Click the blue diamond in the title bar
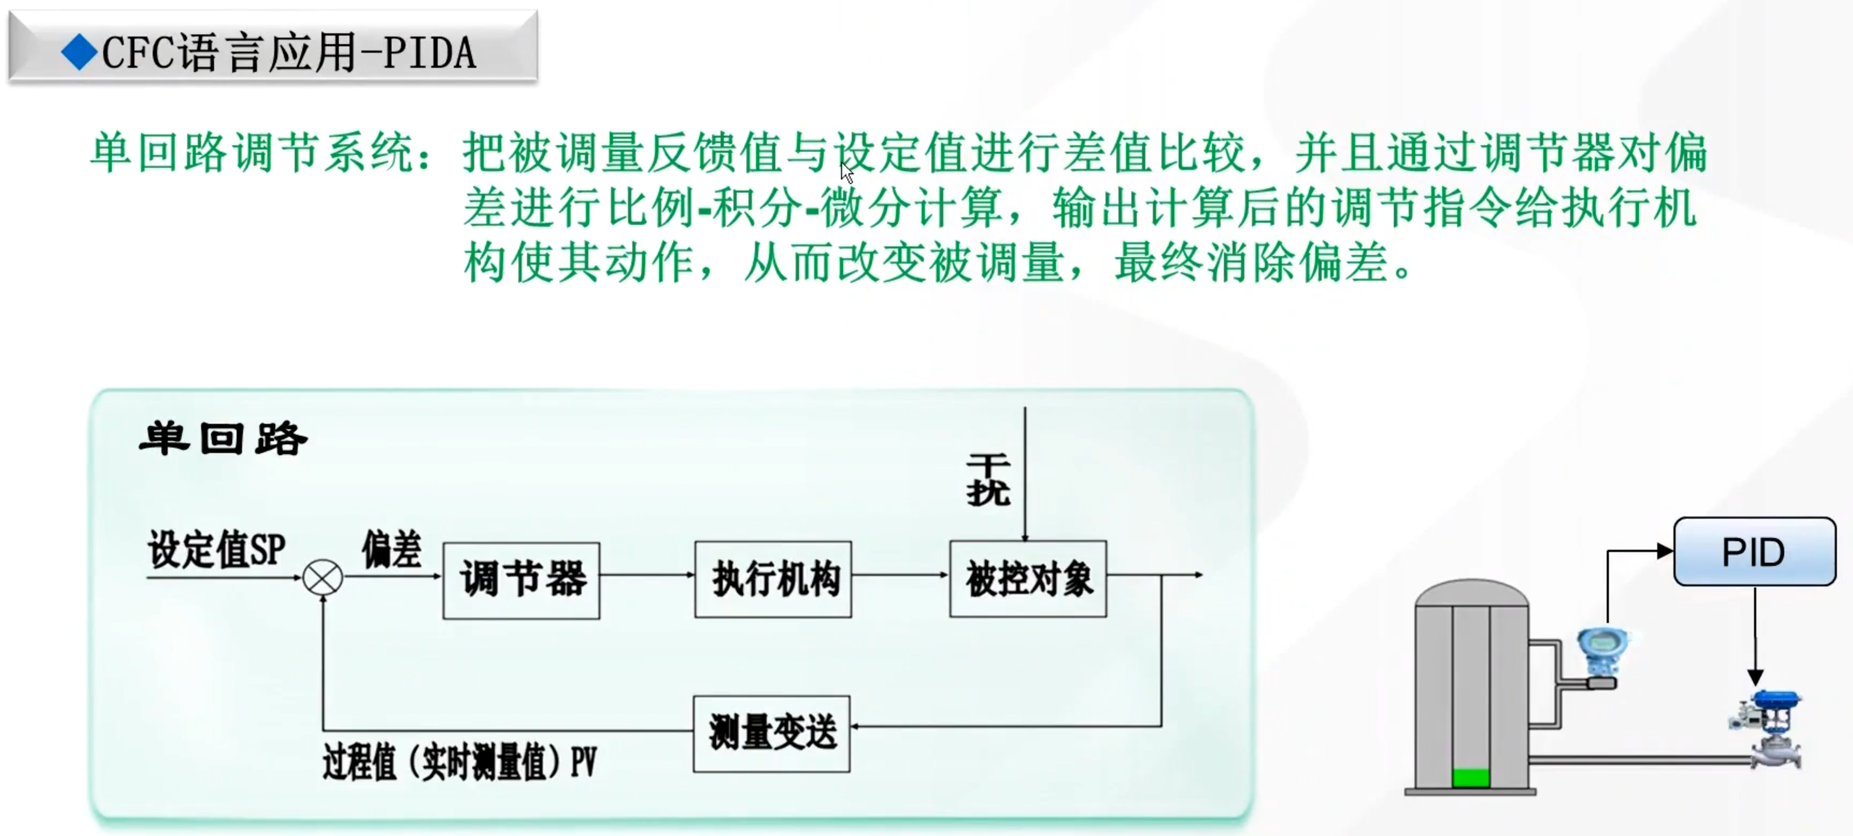(x=79, y=53)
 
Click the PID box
(x=1754, y=552)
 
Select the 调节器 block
(x=522, y=580)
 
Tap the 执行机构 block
(x=773, y=580)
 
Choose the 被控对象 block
(x=1028, y=580)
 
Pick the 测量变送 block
(x=772, y=733)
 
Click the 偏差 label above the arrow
(x=391, y=550)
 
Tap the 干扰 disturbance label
(x=988, y=480)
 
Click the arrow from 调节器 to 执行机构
(x=647, y=576)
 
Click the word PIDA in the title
(x=430, y=53)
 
